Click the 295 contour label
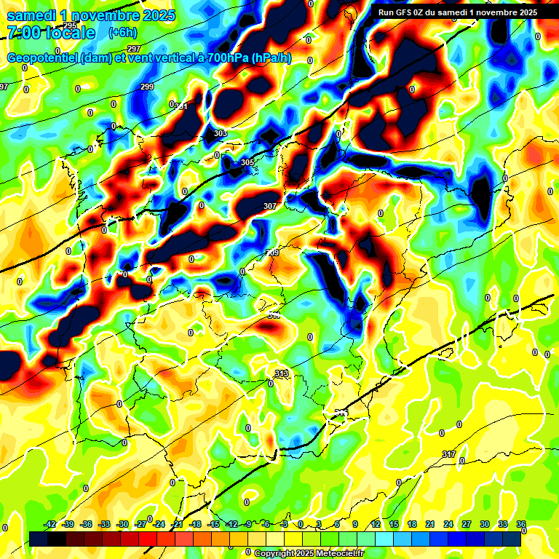point(70,25)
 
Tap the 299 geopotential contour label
point(147,87)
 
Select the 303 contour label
point(220,133)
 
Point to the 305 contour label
point(247,162)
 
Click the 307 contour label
point(270,206)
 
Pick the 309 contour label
point(272,253)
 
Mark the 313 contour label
point(282,373)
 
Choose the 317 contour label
point(449,454)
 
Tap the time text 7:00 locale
point(51,33)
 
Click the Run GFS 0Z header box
point(456,12)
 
